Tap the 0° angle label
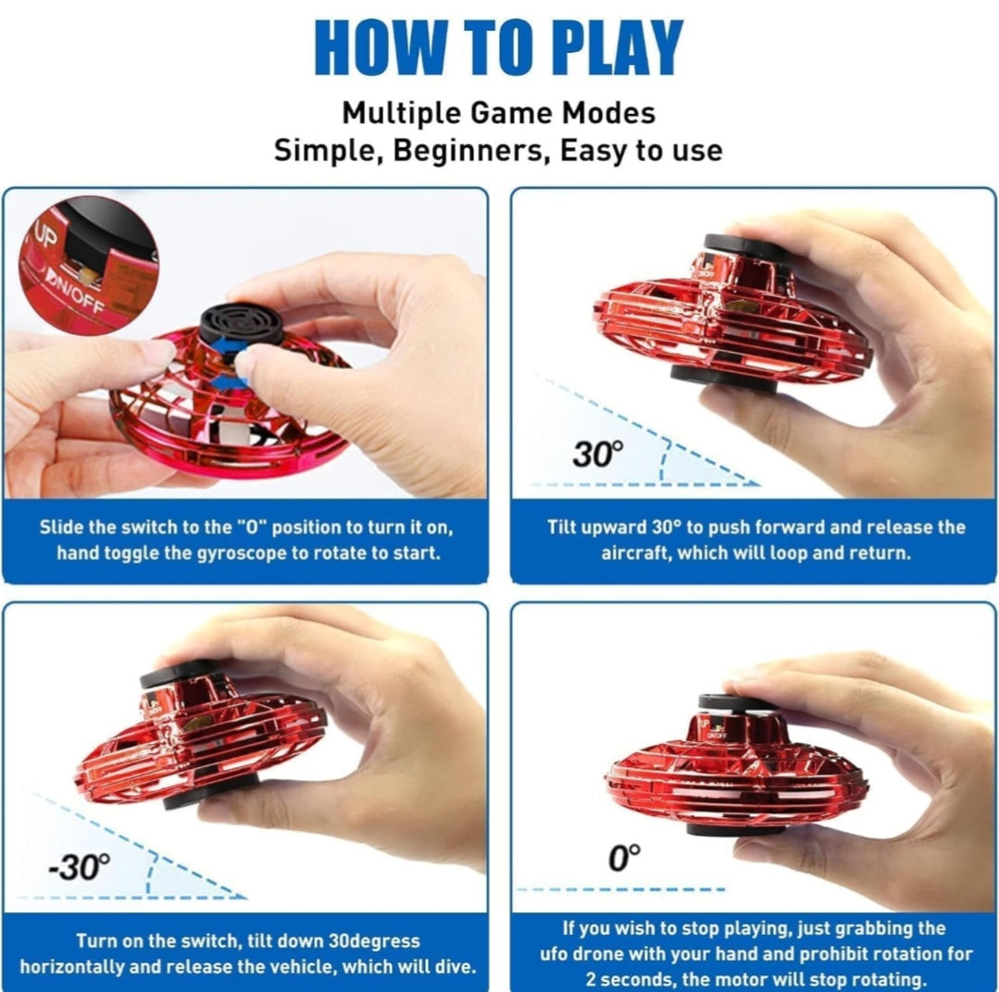[x=625, y=858]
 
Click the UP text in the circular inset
[x=46, y=237]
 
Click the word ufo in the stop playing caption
[x=555, y=954]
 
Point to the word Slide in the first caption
[x=61, y=527]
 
